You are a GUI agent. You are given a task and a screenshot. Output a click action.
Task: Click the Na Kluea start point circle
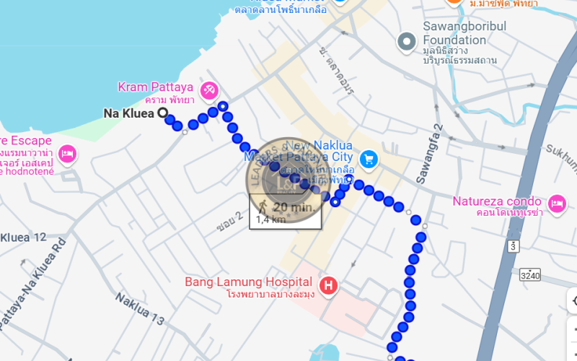coord(162,113)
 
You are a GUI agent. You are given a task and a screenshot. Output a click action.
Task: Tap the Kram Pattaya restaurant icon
coord(210,90)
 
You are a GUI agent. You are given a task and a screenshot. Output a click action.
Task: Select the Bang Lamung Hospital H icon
coord(329,286)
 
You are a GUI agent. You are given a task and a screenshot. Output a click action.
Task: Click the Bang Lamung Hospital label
coord(248,282)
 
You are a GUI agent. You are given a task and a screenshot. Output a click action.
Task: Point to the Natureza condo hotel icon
coord(557,202)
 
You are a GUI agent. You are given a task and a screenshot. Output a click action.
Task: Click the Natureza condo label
coord(498,201)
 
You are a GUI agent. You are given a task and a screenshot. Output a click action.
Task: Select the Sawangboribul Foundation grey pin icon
coord(408,41)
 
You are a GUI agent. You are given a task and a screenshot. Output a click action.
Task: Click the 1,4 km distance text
coord(270,219)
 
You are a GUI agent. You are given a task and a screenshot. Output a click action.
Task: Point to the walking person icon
coord(260,207)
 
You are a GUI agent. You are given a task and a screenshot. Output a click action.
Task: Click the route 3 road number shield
coord(513,246)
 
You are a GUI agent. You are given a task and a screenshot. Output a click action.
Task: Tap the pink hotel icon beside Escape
coord(67,153)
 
